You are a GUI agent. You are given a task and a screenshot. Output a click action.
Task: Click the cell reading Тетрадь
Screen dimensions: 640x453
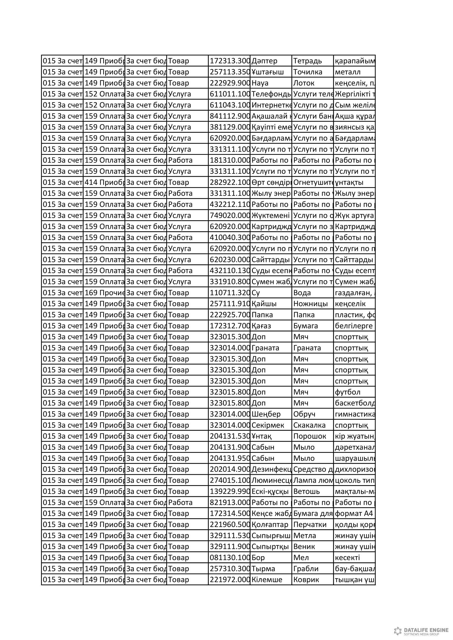[x=308, y=61]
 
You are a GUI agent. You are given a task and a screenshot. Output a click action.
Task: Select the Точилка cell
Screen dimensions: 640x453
[x=308, y=72]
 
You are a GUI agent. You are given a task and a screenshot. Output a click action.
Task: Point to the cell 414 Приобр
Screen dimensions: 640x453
[x=104, y=182]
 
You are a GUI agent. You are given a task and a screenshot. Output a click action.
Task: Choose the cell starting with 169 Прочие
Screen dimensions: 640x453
[x=104, y=293]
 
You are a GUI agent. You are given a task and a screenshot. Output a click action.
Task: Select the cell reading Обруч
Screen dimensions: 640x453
[x=304, y=414]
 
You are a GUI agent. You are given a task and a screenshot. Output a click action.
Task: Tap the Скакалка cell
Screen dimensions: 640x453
[x=309, y=425]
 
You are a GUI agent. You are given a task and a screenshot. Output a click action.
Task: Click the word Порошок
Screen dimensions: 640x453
[x=310, y=436]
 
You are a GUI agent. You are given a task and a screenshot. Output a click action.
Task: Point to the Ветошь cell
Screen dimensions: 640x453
[x=306, y=491]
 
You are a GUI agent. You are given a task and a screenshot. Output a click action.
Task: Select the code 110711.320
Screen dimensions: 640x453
[x=229, y=293]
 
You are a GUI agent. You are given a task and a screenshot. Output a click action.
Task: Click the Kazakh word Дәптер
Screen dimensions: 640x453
[x=265, y=61]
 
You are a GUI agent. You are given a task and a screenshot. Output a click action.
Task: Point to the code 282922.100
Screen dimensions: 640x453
[x=229, y=182]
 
